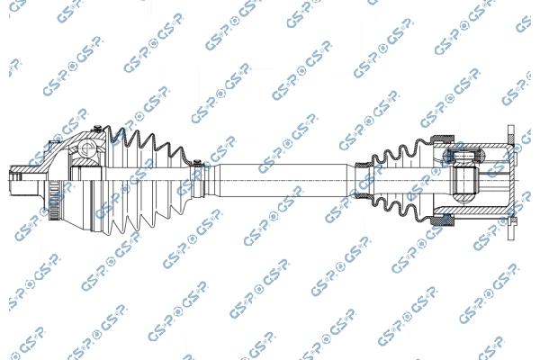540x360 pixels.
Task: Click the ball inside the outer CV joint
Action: [85, 149]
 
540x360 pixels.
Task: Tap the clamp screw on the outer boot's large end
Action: [97, 129]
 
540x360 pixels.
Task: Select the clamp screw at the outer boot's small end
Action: [197, 162]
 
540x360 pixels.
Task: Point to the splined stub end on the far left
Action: [15, 180]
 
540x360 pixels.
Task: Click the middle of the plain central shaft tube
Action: [283, 181]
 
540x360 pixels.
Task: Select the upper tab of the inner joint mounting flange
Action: [511, 134]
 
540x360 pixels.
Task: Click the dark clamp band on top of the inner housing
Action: [443, 139]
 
